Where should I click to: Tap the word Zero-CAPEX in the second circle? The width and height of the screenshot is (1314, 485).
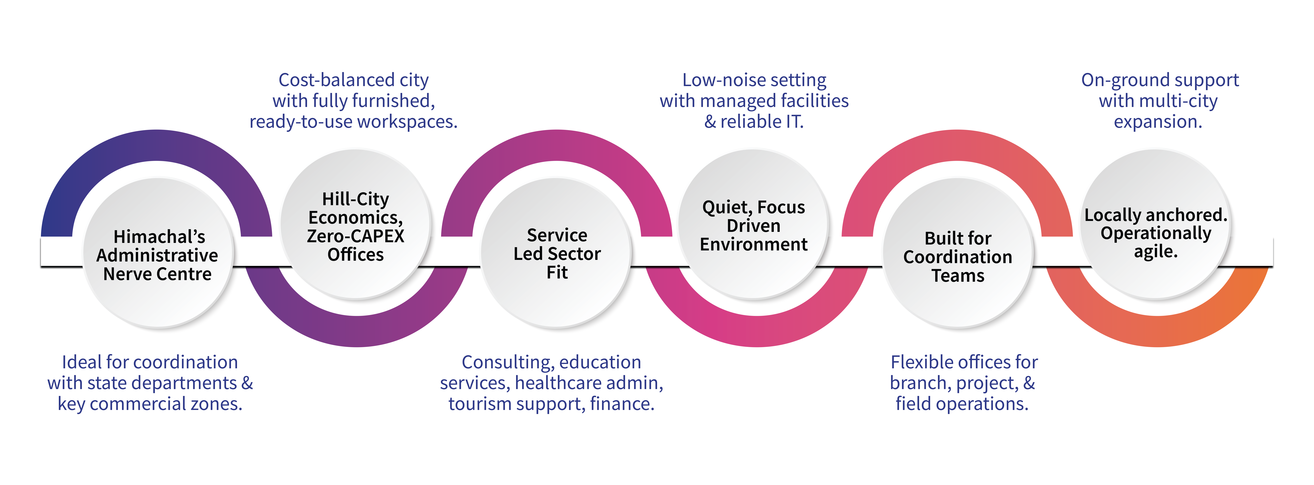tap(356, 236)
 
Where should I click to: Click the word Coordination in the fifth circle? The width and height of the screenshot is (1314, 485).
tap(957, 257)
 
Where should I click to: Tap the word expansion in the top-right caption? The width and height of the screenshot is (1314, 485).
tap(1157, 122)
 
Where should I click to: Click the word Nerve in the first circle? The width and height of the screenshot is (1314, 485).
tap(128, 274)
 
